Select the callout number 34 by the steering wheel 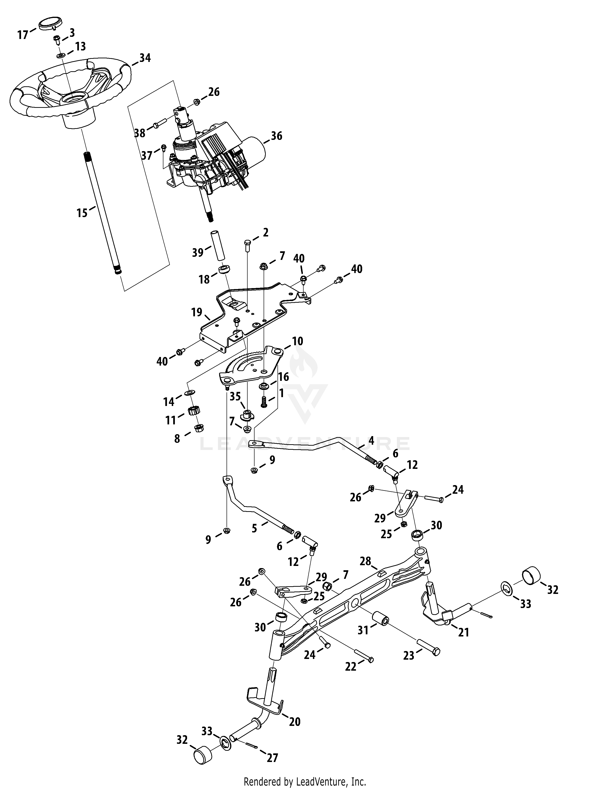tap(145, 58)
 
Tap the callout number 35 tap(235, 396)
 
